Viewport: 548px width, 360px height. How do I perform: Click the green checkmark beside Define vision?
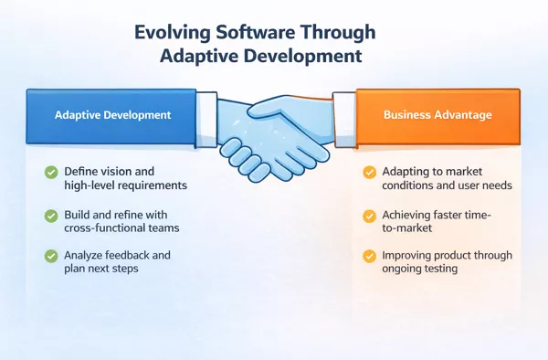tap(49, 171)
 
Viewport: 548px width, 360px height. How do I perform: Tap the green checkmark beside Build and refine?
tap(49, 214)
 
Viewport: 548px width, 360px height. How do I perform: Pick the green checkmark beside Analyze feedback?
tap(49, 255)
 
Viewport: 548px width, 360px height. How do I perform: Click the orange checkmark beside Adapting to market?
tap(369, 172)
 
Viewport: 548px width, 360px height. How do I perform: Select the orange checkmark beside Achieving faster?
tap(369, 216)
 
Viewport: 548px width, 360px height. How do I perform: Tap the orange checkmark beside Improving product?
tap(369, 256)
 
